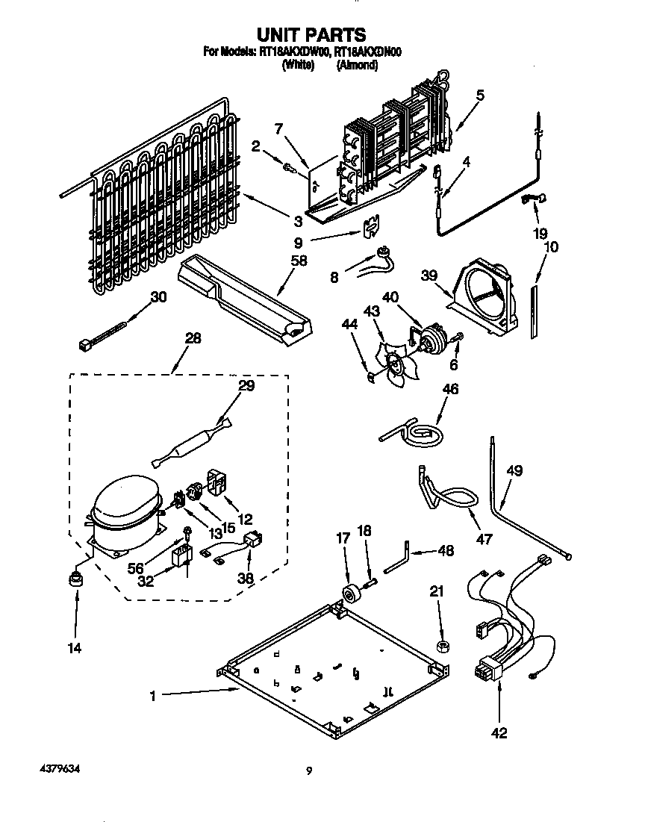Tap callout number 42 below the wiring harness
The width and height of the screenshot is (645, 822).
tap(499, 733)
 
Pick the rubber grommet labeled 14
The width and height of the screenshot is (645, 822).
tap(75, 579)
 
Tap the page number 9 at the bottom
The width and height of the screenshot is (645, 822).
tap(308, 772)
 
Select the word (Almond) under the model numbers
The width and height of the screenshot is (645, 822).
tap(357, 66)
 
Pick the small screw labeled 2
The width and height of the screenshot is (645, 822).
tap(288, 168)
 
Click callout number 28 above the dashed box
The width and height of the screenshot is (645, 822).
tap(193, 338)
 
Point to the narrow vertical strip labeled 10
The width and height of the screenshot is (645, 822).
tap(534, 311)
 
